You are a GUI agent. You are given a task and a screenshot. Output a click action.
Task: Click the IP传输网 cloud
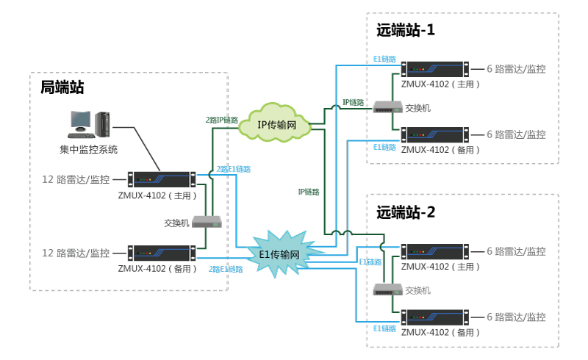pyautogui.click(x=276, y=125)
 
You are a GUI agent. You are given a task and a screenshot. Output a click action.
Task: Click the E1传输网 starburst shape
pyautogui.click(x=284, y=254)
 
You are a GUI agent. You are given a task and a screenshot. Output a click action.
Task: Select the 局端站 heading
pyautogui.click(x=62, y=88)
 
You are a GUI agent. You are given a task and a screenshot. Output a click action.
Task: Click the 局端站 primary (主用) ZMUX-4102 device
pyautogui.click(x=162, y=179)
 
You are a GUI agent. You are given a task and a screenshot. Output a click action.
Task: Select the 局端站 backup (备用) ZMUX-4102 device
pyautogui.click(x=162, y=253)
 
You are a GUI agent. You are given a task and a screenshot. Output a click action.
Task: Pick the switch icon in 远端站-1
pyautogui.click(x=386, y=107)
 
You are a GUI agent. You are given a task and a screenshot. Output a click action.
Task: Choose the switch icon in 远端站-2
pyautogui.click(x=386, y=289)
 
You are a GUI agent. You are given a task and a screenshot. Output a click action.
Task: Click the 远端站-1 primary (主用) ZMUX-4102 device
pyautogui.click(x=434, y=69)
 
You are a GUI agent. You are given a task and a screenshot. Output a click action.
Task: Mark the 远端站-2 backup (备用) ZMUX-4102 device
pyautogui.click(x=434, y=317)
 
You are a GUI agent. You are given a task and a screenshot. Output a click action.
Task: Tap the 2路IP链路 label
pyautogui.click(x=221, y=120)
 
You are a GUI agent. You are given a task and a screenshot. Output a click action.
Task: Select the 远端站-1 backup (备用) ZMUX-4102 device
pyautogui.click(x=434, y=134)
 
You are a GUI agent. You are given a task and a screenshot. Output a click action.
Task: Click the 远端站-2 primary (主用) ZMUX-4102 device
pyautogui.click(x=434, y=251)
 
